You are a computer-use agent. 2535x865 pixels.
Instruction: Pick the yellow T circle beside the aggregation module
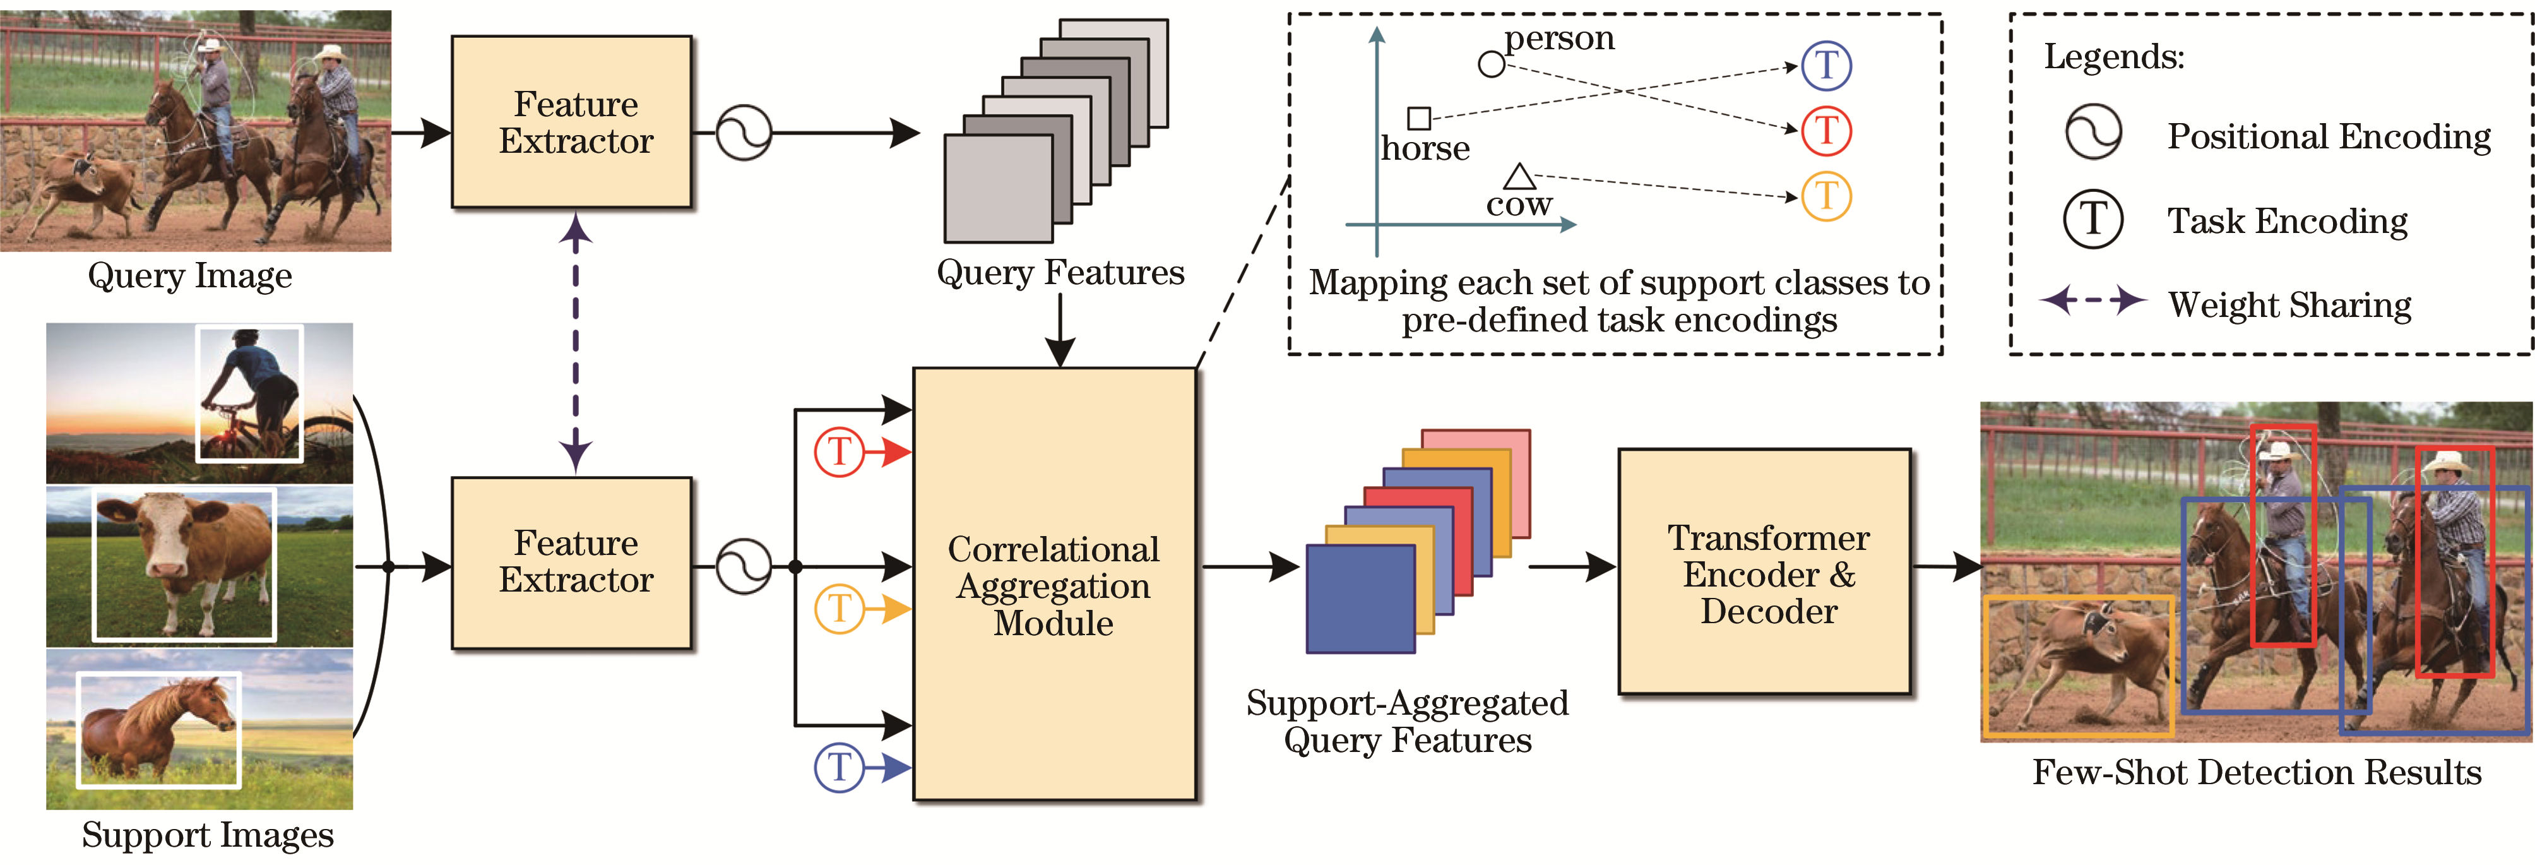click(838, 608)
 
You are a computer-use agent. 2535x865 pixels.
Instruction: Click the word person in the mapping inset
click(1560, 39)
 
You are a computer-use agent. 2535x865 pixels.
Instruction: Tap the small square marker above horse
click(1419, 118)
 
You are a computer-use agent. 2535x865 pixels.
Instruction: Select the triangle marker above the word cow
click(1519, 177)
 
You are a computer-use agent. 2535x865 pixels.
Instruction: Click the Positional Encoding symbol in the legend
click(2092, 133)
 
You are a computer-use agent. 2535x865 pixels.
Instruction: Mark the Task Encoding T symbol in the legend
click(2092, 218)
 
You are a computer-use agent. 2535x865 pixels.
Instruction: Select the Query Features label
click(1060, 273)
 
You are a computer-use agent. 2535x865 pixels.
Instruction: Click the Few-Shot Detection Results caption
click(2257, 772)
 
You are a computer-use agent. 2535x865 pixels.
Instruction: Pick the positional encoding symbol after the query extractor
click(743, 132)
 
